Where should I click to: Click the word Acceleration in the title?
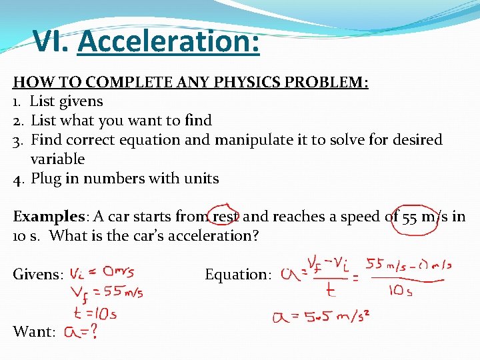coord(168,43)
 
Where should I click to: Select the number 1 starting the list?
coord(17,101)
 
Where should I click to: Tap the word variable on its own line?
coord(57,159)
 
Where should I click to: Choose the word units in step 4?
coord(199,179)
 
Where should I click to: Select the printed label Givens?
coord(39,275)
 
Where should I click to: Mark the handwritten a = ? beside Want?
coord(81,331)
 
